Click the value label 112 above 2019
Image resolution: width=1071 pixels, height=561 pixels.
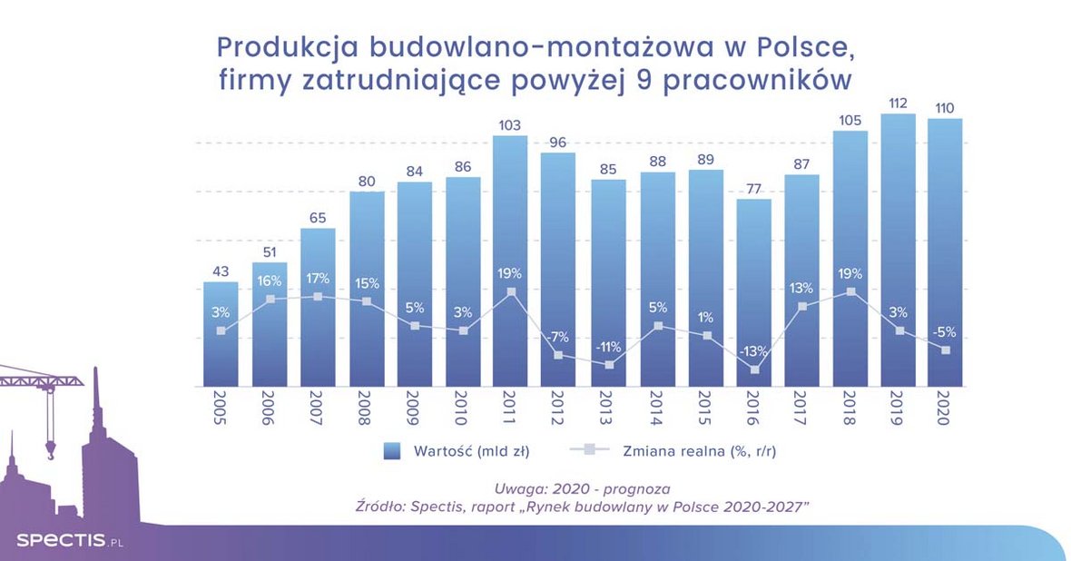[x=898, y=103]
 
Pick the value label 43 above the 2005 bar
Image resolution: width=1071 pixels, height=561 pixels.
[x=220, y=271]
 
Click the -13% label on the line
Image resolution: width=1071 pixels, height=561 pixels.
[x=753, y=350]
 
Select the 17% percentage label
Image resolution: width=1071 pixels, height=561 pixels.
[x=317, y=278]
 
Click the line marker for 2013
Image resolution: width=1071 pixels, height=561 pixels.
[x=609, y=365]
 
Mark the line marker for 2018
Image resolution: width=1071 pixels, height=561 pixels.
[x=850, y=291]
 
